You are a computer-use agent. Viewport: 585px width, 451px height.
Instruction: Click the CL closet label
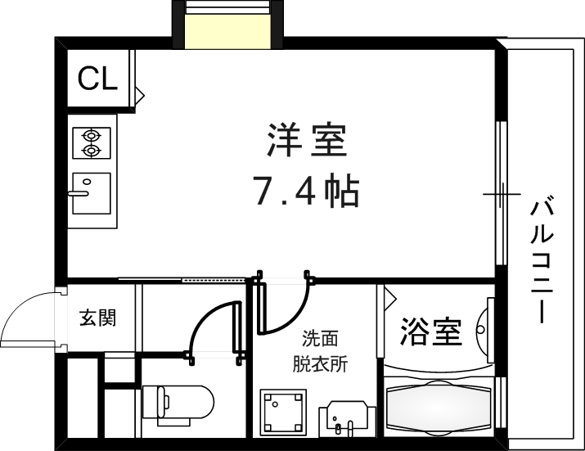pyautogui.click(x=97, y=79)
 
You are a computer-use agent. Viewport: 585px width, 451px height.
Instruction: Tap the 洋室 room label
pyautogui.click(x=306, y=141)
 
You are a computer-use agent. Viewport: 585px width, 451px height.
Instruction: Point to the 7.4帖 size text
pyautogui.click(x=305, y=192)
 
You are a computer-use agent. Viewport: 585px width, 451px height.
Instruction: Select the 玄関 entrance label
pyautogui.click(x=97, y=318)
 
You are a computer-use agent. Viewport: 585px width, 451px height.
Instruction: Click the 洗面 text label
pyautogui.click(x=320, y=338)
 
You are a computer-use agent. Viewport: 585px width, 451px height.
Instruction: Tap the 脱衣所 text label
pyautogui.click(x=320, y=363)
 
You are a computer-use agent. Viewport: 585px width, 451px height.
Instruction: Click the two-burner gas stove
pyautogui.click(x=90, y=142)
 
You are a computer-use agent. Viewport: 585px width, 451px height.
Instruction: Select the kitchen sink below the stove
pyautogui.click(x=90, y=193)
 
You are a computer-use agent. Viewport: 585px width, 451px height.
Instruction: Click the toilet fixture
pyautogui.click(x=178, y=403)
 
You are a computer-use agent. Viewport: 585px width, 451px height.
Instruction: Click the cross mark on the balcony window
pyautogui.click(x=501, y=195)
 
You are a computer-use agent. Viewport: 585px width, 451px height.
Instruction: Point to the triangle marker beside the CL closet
pyautogui.click(x=139, y=96)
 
